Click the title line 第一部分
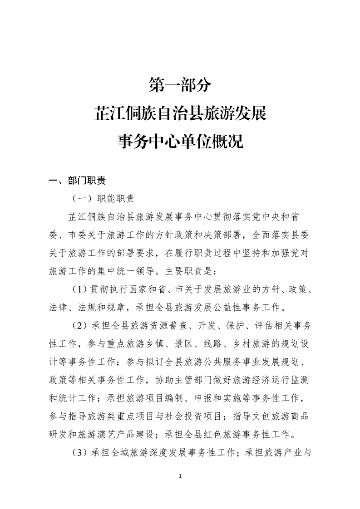[x=180, y=84]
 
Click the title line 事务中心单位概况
[x=180, y=142]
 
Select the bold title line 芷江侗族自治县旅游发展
[x=180, y=113]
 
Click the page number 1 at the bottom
[x=180, y=476]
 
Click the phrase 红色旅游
[x=230, y=435]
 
